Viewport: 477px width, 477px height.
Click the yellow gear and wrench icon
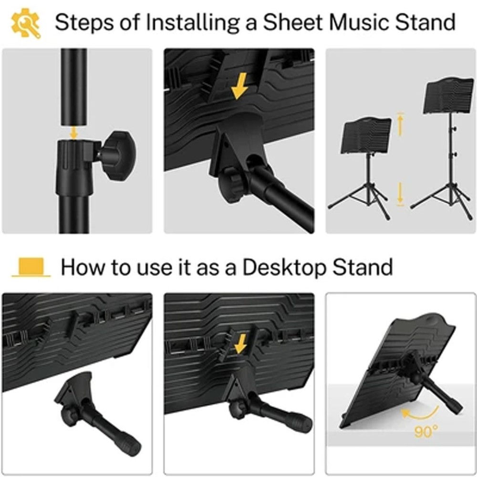coord(26,23)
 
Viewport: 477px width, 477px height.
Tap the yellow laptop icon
coord(31,268)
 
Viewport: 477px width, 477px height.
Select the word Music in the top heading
coord(359,22)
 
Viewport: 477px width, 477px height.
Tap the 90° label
coord(426,431)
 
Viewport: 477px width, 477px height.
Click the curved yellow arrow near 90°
coord(423,415)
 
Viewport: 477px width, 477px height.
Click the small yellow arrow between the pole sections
coord(73,133)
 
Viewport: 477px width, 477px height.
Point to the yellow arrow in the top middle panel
coord(240,86)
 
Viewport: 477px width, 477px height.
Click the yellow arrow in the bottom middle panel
coord(241,344)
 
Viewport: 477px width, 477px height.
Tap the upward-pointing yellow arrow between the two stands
coord(401,124)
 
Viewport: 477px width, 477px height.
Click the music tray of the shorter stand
coord(366,135)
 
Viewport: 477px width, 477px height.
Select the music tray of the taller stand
coord(450,95)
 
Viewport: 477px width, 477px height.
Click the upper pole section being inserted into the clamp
coord(73,87)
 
